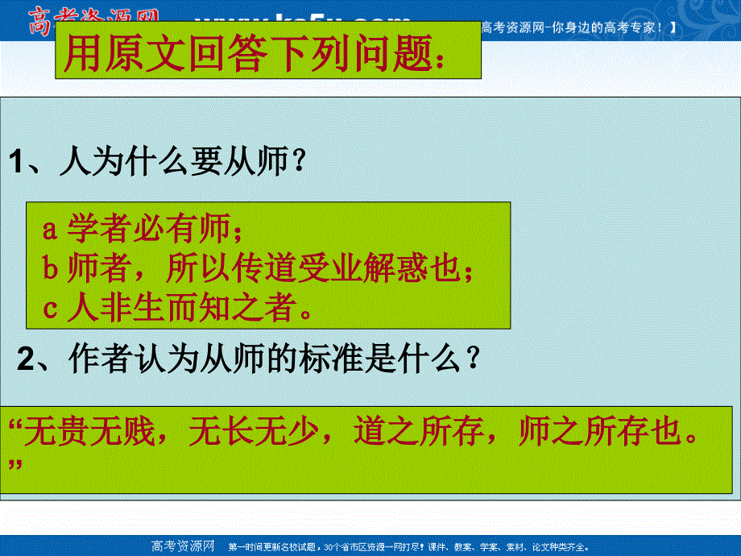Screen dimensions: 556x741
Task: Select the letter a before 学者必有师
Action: tap(50, 230)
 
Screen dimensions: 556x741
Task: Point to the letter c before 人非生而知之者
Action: tap(50, 308)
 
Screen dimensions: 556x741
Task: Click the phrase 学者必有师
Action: tap(150, 230)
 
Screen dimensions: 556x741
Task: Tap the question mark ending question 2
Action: tap(476, 358)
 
